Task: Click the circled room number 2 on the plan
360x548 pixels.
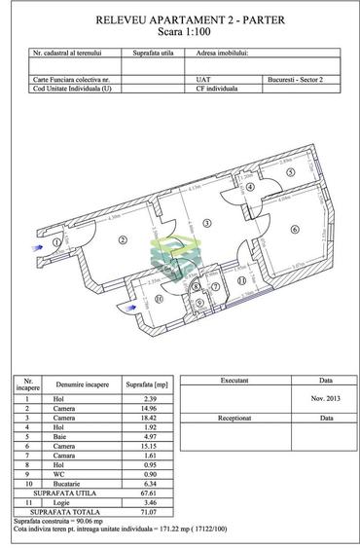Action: pos(124,239)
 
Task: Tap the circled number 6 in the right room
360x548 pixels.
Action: pos(293,230)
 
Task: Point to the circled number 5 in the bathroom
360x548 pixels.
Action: pos(291,173)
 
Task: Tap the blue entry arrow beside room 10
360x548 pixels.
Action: pos(121,309)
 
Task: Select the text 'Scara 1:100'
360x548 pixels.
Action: pos(179,32)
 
